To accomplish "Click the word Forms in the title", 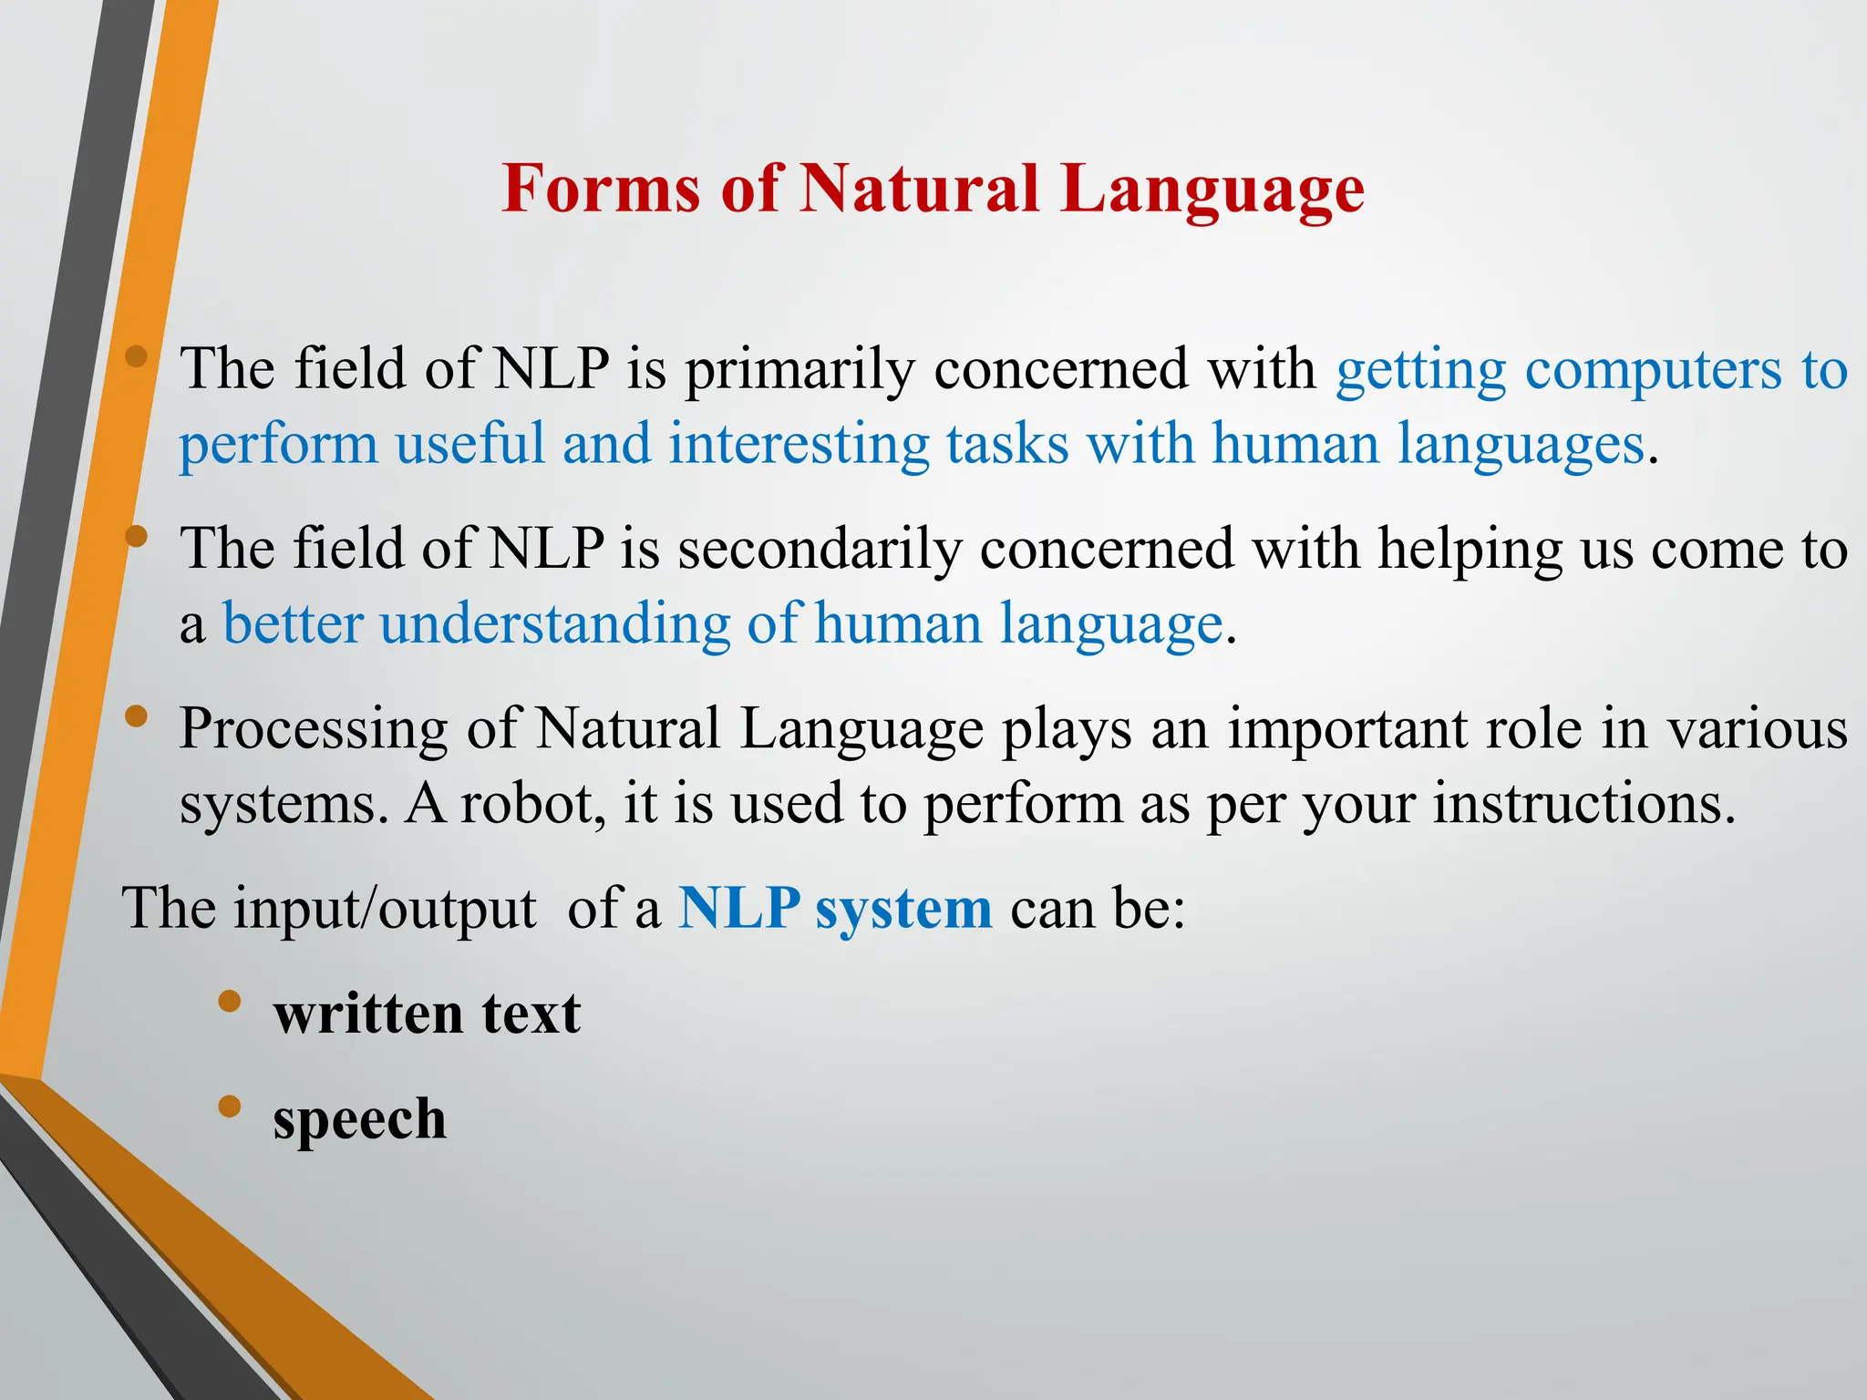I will [x=601, y=189].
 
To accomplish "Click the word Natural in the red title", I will [x=919, y=189].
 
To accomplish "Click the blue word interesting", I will [x=799, y=445].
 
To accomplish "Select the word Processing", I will [x=313, y=730].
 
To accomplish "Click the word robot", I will [x=532, y=804].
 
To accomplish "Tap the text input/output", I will [x=384, y=910].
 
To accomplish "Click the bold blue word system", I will [x=903, y=910].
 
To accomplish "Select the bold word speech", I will [x=359, y=1120].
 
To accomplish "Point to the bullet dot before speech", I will [x=230, y=1107].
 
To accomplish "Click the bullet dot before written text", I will [x=230, y=1002].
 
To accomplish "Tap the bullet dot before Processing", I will [x=136, y=716].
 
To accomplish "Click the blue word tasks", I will [x=1006, y=445].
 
